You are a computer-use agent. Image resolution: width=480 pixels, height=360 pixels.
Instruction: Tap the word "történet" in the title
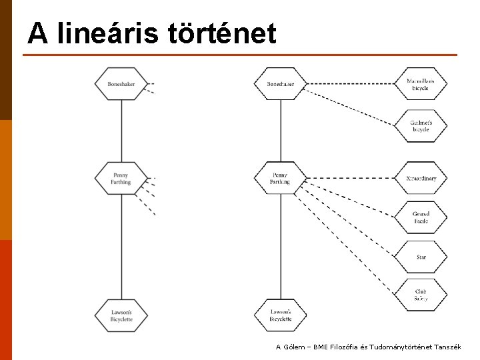[222, 33]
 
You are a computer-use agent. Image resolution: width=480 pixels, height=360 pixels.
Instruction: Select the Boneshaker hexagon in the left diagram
[121, 84]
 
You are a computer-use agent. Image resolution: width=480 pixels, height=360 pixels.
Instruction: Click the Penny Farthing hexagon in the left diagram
[121, 178]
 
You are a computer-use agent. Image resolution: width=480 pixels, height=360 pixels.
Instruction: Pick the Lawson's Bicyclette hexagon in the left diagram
[121, 315]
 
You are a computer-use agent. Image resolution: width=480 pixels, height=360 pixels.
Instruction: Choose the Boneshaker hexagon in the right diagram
[281, 84]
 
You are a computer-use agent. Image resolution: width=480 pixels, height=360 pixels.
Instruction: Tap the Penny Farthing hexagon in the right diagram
[281, 178]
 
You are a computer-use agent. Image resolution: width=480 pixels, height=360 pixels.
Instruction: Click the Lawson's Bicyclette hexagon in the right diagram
[281, 315]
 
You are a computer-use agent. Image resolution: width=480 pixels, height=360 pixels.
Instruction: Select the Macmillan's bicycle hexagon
[421, 84]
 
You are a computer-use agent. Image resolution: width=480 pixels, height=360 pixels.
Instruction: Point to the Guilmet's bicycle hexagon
[421, 126]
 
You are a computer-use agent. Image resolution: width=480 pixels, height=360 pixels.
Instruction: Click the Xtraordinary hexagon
[421, 178]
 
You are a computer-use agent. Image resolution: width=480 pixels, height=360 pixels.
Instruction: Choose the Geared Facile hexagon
[421, 217]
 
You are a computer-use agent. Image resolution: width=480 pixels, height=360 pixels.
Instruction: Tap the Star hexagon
[421, 257]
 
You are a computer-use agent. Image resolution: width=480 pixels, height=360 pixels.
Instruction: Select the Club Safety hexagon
[421, 295]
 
